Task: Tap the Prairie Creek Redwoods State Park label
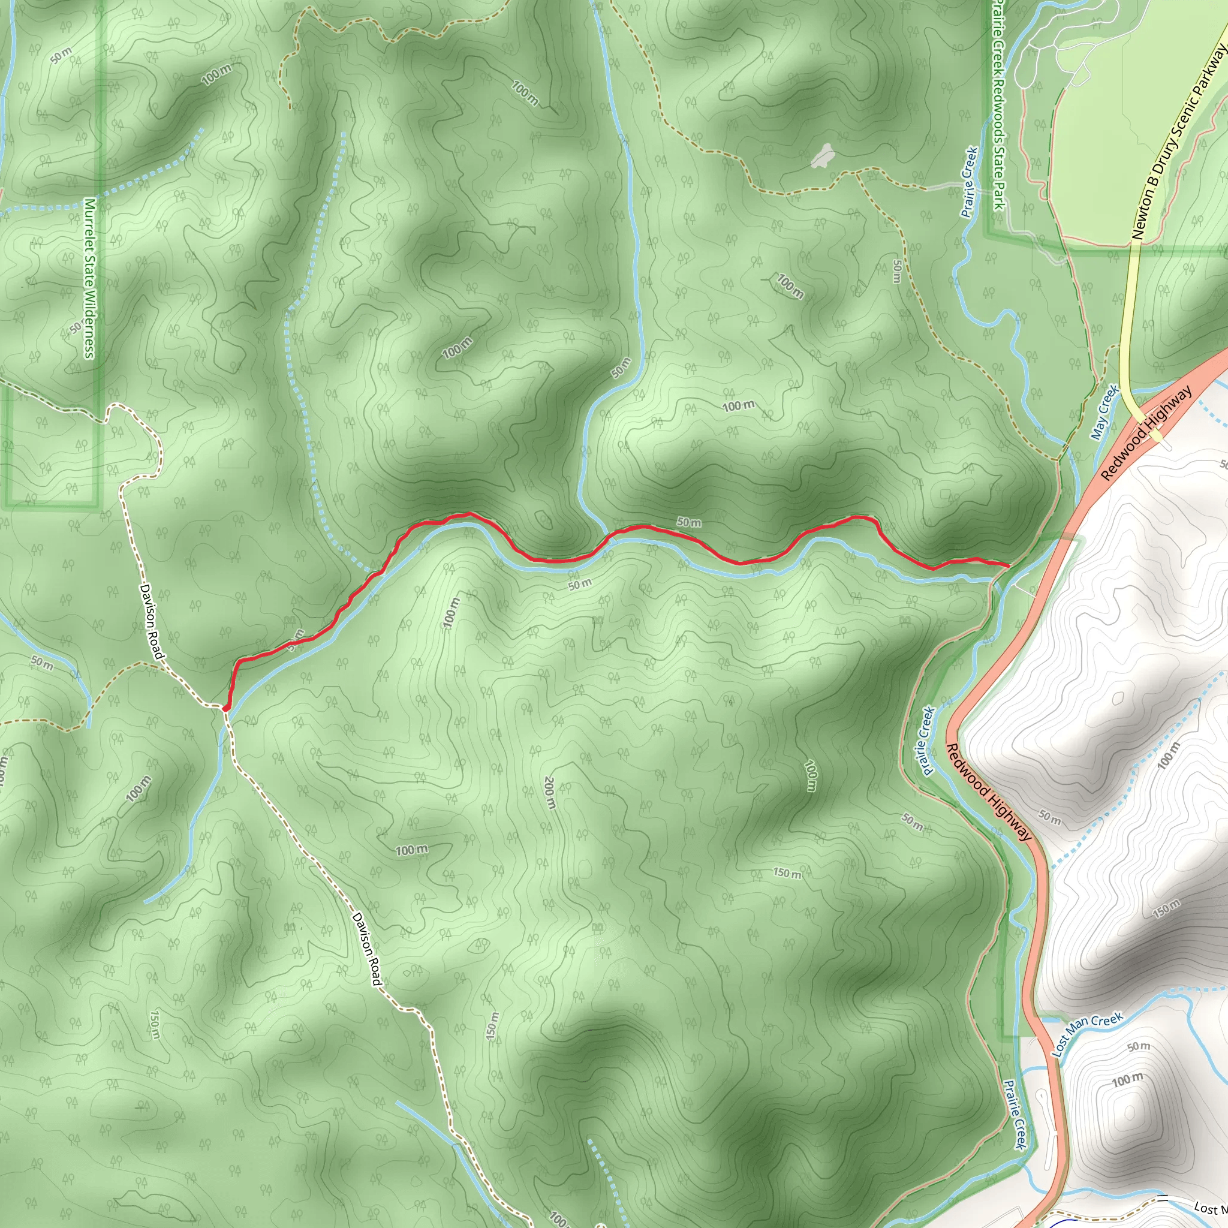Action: [998, 105]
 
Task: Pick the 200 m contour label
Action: [550, 793]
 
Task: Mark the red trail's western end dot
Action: [225, 708]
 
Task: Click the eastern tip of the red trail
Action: [1009, 564]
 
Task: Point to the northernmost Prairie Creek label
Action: [969, 182]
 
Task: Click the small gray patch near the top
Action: [823, 155]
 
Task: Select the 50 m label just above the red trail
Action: [689, 522]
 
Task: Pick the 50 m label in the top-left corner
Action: [62, 55]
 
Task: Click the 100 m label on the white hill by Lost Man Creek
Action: [1127, 1079]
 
